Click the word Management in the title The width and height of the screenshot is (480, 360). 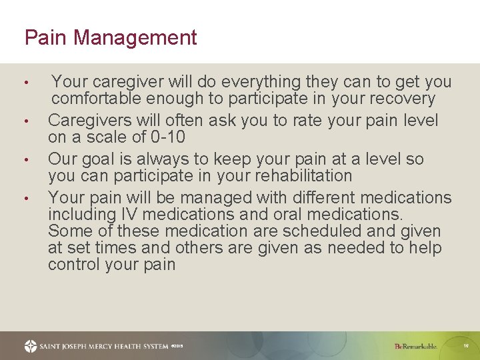pyautogui.click(x=135, y=37)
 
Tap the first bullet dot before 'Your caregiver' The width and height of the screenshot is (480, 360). pyautogui.click(x=25, y=83)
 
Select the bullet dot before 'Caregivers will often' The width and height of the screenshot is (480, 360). pyautogui.click(x=25, y=122)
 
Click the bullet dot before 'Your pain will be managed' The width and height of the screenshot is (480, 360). pyautogui.click(x=25, y=199)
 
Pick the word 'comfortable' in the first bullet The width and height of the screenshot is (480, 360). pyautogui.click(x=97, y=99)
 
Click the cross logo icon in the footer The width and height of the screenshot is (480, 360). pyautogui.click(x=31, y=346)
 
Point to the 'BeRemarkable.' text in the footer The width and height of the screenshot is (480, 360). pyautogui.click(x=415, y=347)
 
